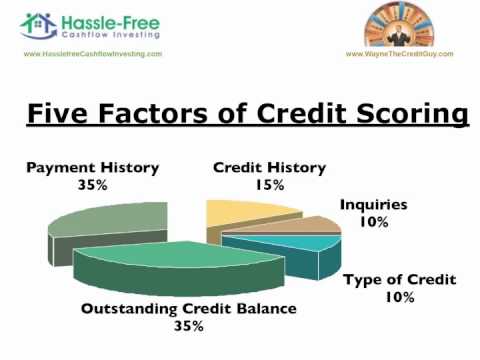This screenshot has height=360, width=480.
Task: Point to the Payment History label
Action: tap(93, 167)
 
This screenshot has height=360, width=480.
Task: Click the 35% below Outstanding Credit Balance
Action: tap(188, 326)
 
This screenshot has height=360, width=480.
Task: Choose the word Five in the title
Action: tap(62, 113)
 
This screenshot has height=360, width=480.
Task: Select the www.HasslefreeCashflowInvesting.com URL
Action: tap(92, 54)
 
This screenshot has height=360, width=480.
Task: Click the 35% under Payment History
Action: tap(93, 184)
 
